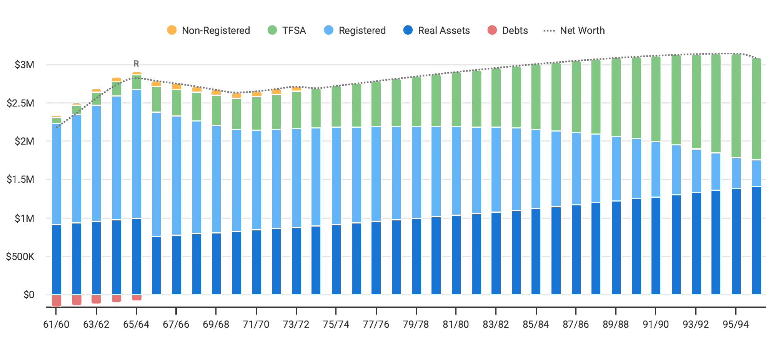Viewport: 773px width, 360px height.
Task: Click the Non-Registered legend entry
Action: [208, 30]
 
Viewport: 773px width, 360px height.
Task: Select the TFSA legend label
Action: [294, 30]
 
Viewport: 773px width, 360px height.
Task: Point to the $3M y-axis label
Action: [24, 65]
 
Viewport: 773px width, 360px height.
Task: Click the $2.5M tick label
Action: [20, 103]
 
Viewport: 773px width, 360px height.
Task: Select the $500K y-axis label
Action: [20, 257]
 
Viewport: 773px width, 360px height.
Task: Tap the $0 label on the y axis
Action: [29, 295]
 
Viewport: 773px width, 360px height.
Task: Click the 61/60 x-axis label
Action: [56, 324]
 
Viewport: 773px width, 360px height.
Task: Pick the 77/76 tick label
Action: [376, 324]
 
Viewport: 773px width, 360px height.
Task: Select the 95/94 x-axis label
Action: [736, 324]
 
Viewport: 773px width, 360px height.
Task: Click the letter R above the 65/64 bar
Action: [136, 63]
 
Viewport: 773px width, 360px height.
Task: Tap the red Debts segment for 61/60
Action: [57, 300]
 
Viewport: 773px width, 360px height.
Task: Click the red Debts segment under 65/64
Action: [137, 297]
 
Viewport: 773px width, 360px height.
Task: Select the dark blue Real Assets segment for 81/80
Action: [456, 255]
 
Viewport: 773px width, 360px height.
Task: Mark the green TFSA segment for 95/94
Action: [736, 106]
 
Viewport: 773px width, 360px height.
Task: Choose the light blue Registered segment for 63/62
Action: [97, 163]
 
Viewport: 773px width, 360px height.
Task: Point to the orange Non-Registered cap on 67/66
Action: [177, 87]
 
